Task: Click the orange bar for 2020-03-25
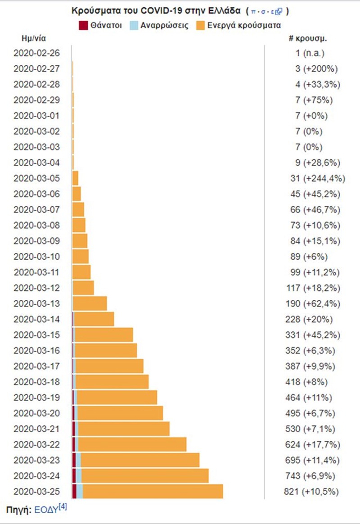coord(153,491)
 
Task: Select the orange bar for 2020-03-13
coord(90,303)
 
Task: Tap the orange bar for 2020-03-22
coord(132,444)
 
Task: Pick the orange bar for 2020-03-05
coord(75,178)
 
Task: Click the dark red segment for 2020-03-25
coord(74,491)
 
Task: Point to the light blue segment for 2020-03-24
coord(79,476)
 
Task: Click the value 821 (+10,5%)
coord(311,492)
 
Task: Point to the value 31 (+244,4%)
coord(318,178)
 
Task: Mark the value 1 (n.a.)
coord(310,53)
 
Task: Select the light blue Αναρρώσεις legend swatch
coord(136,25)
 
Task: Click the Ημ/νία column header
coord(34,38)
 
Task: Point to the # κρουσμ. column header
coord(308,38)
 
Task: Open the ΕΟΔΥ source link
coord(45,510)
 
